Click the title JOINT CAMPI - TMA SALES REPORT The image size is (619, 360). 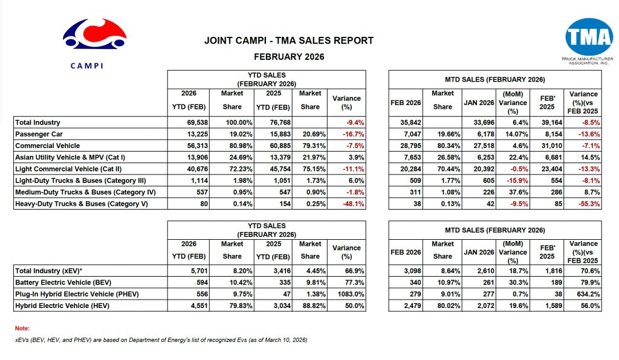(x=289, y=41)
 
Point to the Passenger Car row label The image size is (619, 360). (x=39, y=133)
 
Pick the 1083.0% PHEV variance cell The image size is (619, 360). (x=351, y=295)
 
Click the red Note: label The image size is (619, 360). (x=22, y=328)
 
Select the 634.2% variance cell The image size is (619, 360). (x=586, y=295)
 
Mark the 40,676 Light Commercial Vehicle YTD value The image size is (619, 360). (x=196, y=169)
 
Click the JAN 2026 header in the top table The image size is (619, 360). (x=479, y=103)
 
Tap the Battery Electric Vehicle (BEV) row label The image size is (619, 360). (x=63, y=283)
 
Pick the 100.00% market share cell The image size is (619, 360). (x=230, y=122)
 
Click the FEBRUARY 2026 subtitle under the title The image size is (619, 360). (x=289, y=57)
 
